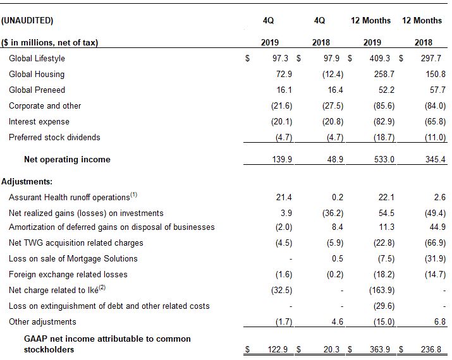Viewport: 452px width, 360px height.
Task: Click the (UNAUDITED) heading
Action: [27, 20]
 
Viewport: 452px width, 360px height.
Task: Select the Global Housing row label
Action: [37, 75]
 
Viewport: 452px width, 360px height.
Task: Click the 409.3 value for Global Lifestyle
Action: [380, 58]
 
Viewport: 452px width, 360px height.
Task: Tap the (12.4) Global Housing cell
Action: [333, 75]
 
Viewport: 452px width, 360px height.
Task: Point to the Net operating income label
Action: [67, 159]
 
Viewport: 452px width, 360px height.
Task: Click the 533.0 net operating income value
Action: [384, 159]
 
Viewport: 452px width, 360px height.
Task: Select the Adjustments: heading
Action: [27, 181]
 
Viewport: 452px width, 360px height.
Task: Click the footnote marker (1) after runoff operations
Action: [134, 195]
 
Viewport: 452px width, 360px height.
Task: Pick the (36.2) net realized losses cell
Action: [333, 213]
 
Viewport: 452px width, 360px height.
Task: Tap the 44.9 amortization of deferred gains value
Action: [437, 227]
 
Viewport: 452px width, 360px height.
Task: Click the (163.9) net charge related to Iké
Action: [382, 290]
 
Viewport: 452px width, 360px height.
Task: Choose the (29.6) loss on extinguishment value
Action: [384, 306]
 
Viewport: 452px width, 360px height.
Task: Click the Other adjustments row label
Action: [42, 321]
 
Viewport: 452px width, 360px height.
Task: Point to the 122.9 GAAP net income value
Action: [278, 349]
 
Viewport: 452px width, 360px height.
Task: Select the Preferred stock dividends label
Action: [54, 138]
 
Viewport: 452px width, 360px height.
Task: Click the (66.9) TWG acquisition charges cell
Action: [435, 243]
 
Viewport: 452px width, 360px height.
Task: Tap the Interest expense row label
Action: [39, 121]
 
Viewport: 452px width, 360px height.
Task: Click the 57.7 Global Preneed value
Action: [437, 90]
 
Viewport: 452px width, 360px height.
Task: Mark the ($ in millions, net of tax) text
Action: [49, 42]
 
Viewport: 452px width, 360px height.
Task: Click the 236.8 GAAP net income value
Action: [431, 349]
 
